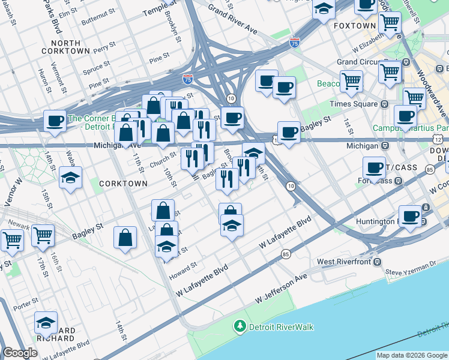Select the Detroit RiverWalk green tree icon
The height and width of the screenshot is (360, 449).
[x=240, y=326]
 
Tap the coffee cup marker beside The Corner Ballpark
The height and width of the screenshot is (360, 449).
[x=55, y=121]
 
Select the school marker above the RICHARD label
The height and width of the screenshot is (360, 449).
[x=46, y=322]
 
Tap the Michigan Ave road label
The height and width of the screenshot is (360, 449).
[x=117, y=145]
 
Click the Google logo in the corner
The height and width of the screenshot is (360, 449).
[x=20, y=353]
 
